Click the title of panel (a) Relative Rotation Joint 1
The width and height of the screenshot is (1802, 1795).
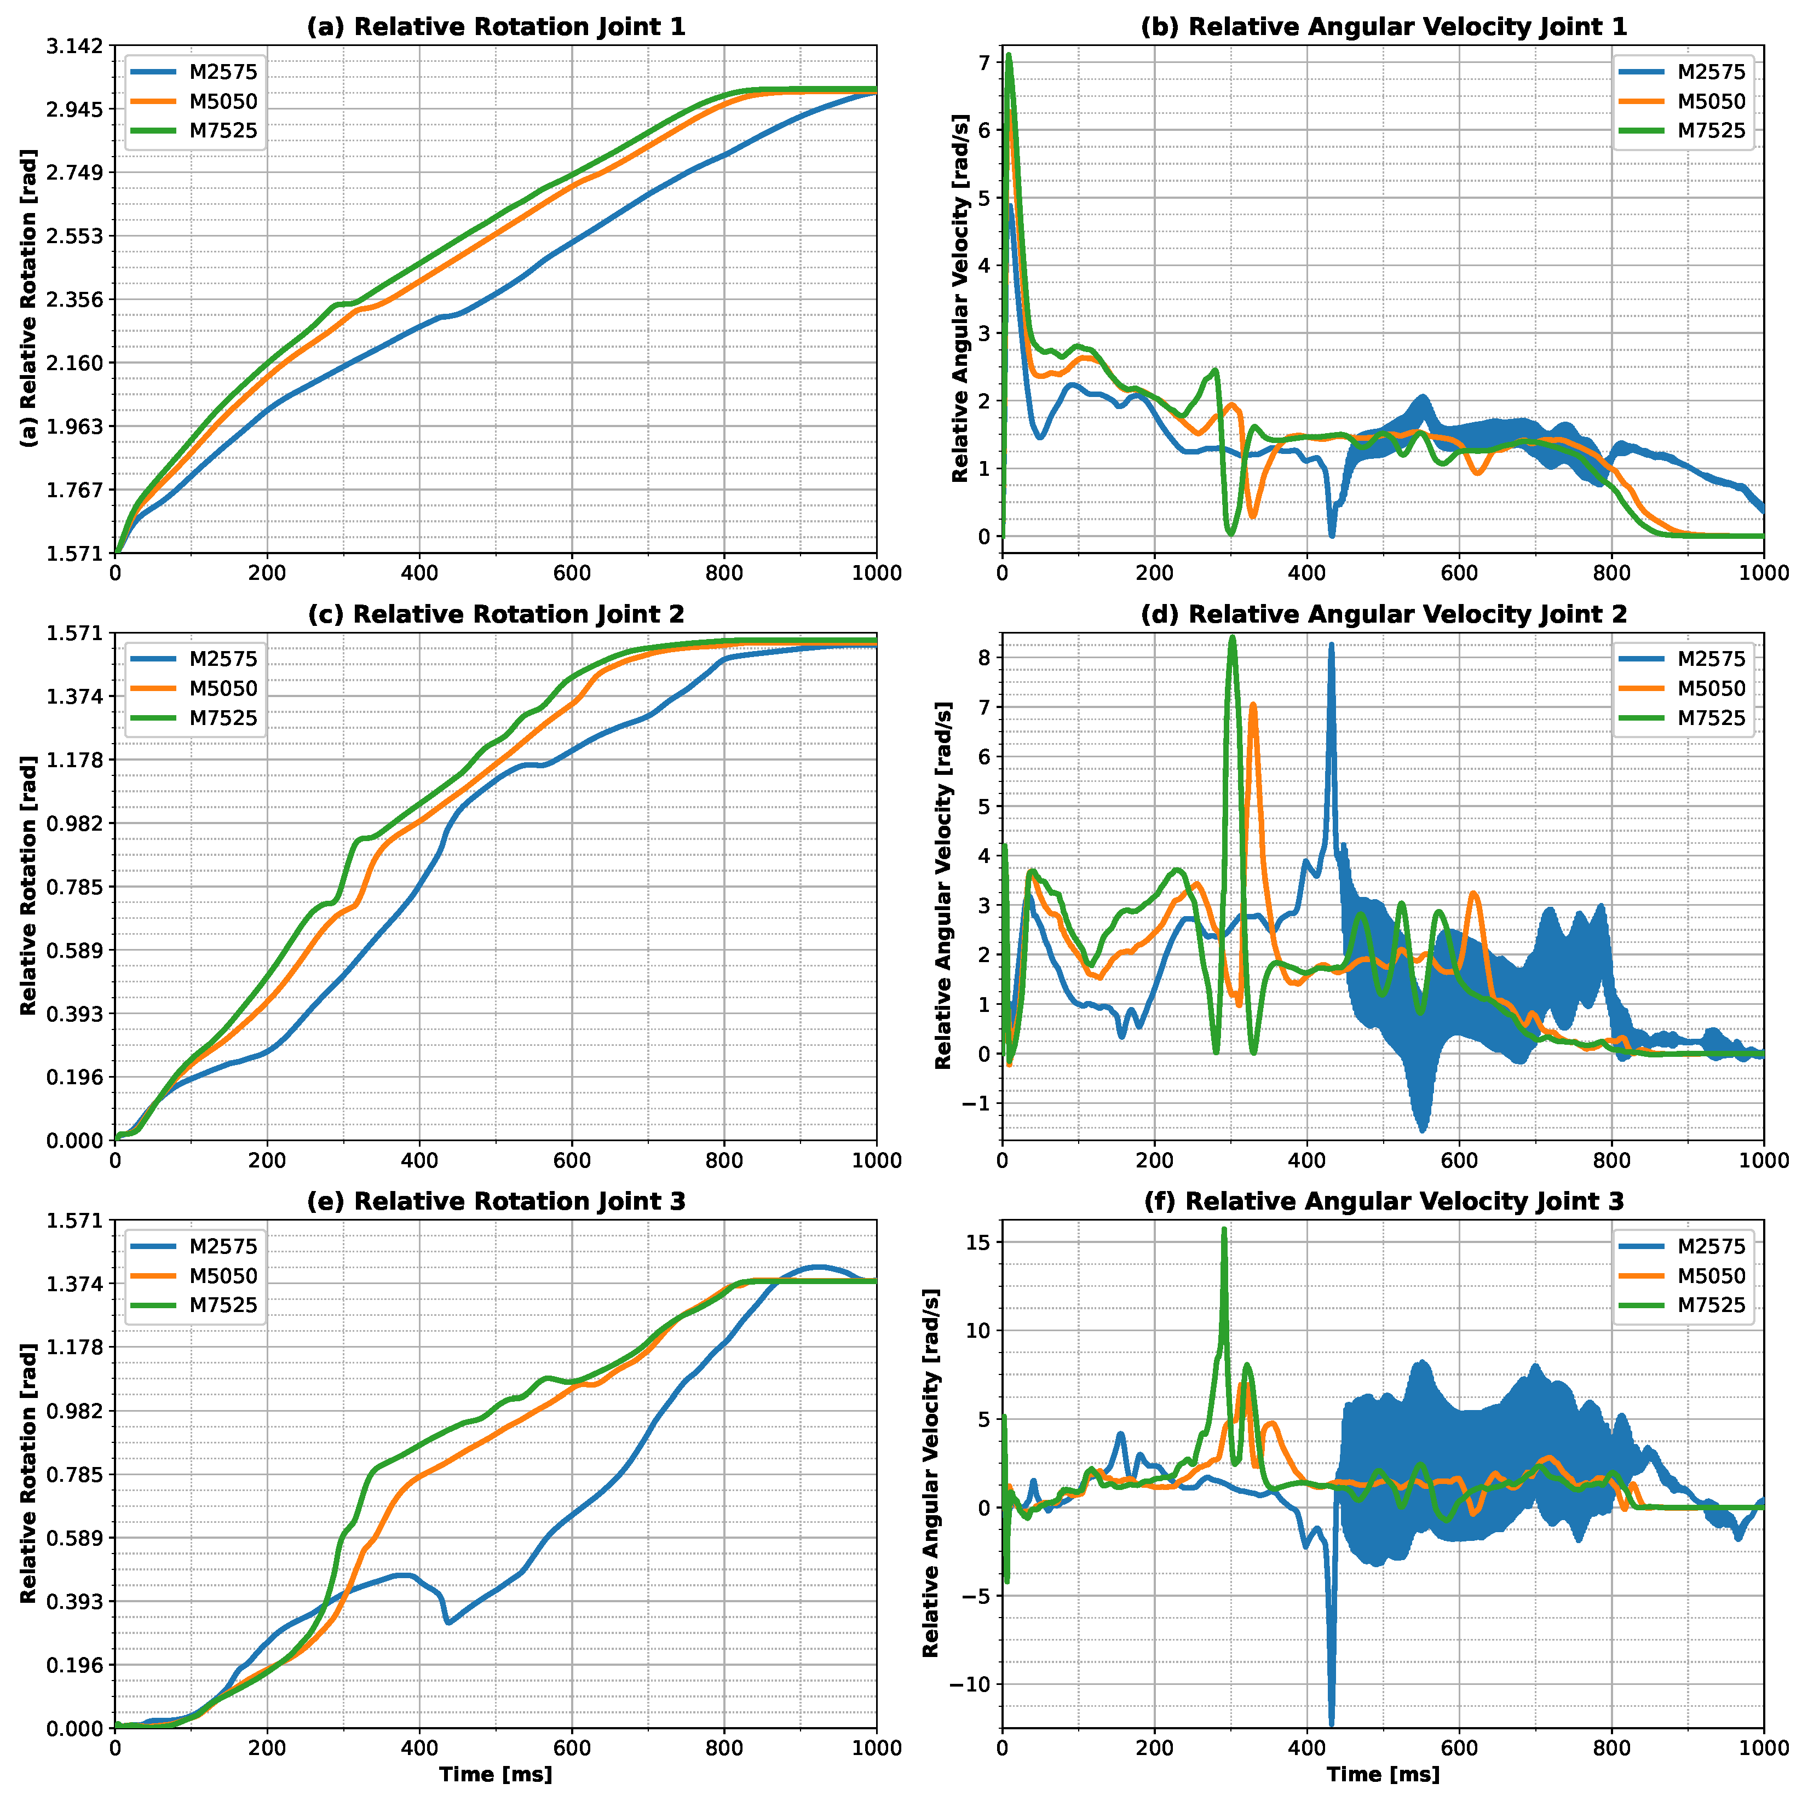tap(496, 27)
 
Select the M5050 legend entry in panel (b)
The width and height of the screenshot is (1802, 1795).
tap(1711, 102)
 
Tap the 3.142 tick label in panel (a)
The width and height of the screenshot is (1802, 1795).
tap(77, 45)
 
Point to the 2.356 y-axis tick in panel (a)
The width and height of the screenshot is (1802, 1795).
tap(77, 300)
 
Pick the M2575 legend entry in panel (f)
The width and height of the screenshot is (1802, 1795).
tap(1711, 1246)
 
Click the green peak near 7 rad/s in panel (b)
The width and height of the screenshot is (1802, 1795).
tap(1008, 55)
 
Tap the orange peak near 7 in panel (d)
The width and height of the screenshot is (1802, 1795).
tap(1253, 705)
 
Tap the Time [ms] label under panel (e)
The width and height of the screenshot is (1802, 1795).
tap(496, 1774)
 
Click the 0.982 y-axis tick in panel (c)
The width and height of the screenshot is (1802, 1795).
tap(77, 823)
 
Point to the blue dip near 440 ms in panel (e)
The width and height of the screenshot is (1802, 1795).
tap(448, 1623)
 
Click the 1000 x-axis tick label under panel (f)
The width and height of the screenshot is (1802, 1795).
tap(1763, 1747)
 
